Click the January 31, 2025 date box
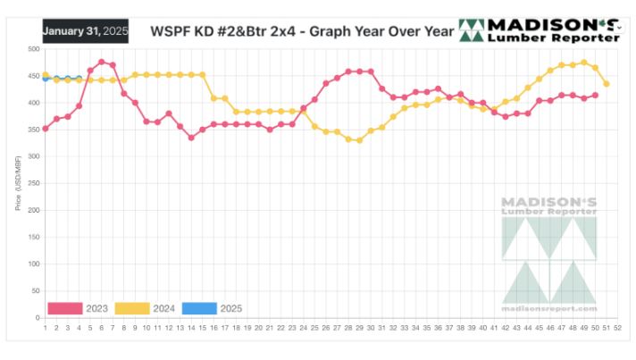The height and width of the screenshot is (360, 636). click(86, 30)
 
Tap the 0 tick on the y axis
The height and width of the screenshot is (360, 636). click(38, 317)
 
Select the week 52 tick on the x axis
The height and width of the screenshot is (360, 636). click(618, 328)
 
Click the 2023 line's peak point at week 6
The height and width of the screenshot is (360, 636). click(102, 62)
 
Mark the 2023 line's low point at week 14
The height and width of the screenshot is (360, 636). click(191, 138)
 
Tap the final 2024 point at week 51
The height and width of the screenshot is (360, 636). click(607, 84)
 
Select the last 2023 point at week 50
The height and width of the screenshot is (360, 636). click(596, 95)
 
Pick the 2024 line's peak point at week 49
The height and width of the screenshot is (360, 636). click(584, 63)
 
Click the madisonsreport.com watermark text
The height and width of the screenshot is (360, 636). click(549, 309)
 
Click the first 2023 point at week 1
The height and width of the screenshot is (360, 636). click(46, 129)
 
